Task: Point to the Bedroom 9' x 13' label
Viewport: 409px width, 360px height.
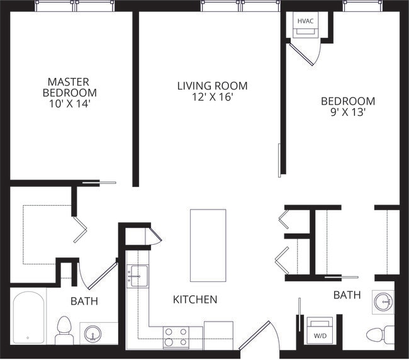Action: click(x=348, y=106)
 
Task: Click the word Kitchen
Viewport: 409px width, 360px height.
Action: click(x=195, y=300)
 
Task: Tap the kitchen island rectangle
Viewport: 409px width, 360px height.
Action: click(x=208, y=245)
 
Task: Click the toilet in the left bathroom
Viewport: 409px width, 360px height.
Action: click(x=64, y=330)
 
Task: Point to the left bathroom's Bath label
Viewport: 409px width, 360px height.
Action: click(x=84, y=301)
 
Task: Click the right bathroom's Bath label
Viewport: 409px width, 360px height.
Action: click(x=347, y=295)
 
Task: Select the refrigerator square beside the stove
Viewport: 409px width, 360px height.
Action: click(x=218, y=334)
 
